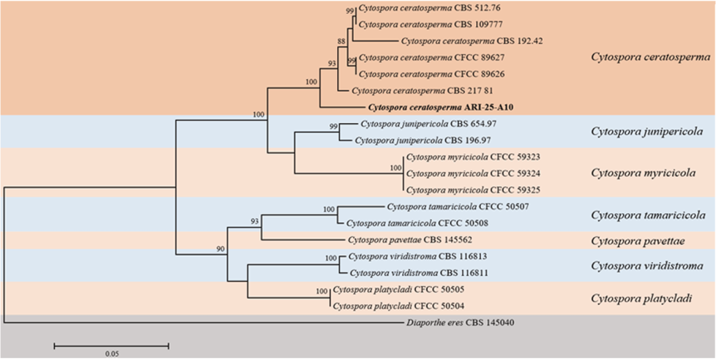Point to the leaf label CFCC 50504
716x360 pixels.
[408, 305]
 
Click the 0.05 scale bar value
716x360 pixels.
[111, 354]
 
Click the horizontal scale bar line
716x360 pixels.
[111, 344]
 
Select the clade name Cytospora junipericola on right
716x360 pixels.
[646, 131]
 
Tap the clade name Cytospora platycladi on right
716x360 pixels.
[641, 298]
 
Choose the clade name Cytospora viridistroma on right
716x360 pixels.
[647, 266]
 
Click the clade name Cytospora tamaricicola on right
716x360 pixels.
[647, 215]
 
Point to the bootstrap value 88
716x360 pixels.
[341, 42]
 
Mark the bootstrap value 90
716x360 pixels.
[220, 249]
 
